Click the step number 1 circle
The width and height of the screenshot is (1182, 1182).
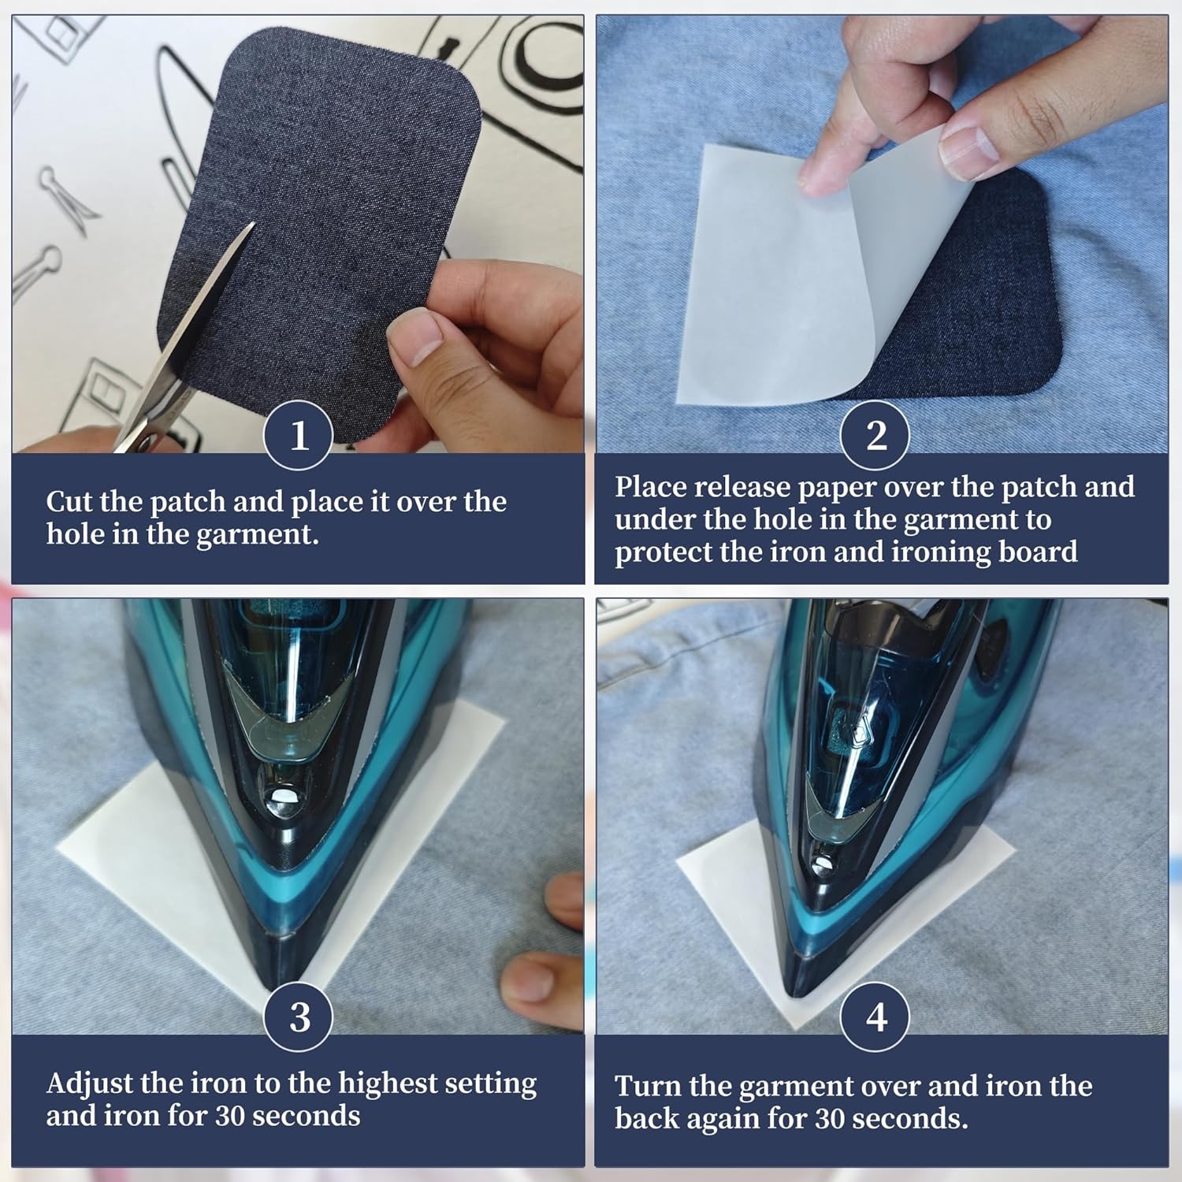click(299, 435)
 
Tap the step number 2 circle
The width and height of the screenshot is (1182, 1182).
click(875, 435)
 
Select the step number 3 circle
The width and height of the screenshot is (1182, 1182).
click(299, 1017)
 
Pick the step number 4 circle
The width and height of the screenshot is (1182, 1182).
click(875, 1017)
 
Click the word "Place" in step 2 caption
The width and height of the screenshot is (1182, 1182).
click(650, 486)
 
